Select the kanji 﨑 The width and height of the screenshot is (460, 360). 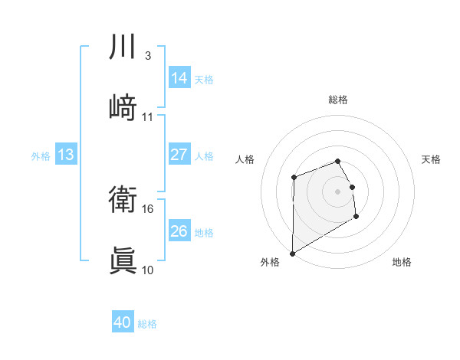coord(123,106)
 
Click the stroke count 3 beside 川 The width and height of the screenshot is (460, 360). coord(147,56)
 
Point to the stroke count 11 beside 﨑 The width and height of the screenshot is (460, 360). coord(148,116)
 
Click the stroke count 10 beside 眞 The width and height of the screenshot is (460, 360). coord(148,270)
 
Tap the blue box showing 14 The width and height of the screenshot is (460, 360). coord(179,77)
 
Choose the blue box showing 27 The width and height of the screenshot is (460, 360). coord(179,155)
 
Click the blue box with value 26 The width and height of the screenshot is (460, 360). coord(179,231)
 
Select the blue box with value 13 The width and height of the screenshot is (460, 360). coord(66,155)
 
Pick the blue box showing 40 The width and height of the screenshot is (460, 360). coord(123,322)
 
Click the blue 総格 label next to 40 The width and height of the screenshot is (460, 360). coord(147,324)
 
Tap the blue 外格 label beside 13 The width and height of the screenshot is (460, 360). coord(41,156)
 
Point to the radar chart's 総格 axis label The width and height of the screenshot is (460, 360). coord(338,100)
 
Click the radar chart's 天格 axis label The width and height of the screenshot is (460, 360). coord(432,159)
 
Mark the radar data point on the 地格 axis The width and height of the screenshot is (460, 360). coord(356,218)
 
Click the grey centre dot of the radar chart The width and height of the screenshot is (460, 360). coord(338,191)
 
